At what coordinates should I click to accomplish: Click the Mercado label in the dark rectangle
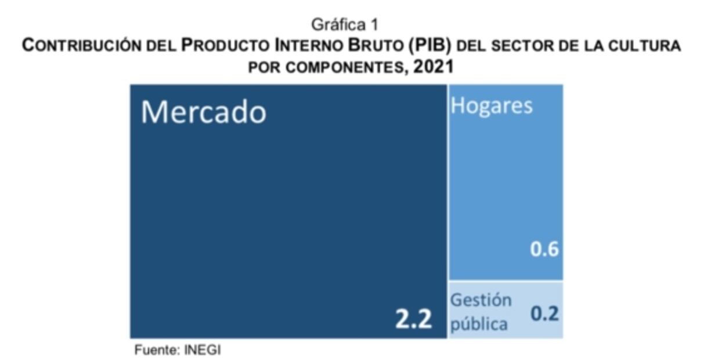click(203, 112)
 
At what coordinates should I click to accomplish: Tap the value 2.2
click(414, 319)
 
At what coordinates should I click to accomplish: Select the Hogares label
click(492, 106)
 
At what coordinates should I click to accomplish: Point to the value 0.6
click(544, 249)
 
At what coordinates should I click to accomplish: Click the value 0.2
click(544, 314)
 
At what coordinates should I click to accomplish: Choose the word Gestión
click(481, 300)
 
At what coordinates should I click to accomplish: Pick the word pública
click(479, 323)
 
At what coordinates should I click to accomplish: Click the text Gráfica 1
click(345, 25)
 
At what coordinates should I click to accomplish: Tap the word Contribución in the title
click(78, 46)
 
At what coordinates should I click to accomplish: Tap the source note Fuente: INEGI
click(178, 350)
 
